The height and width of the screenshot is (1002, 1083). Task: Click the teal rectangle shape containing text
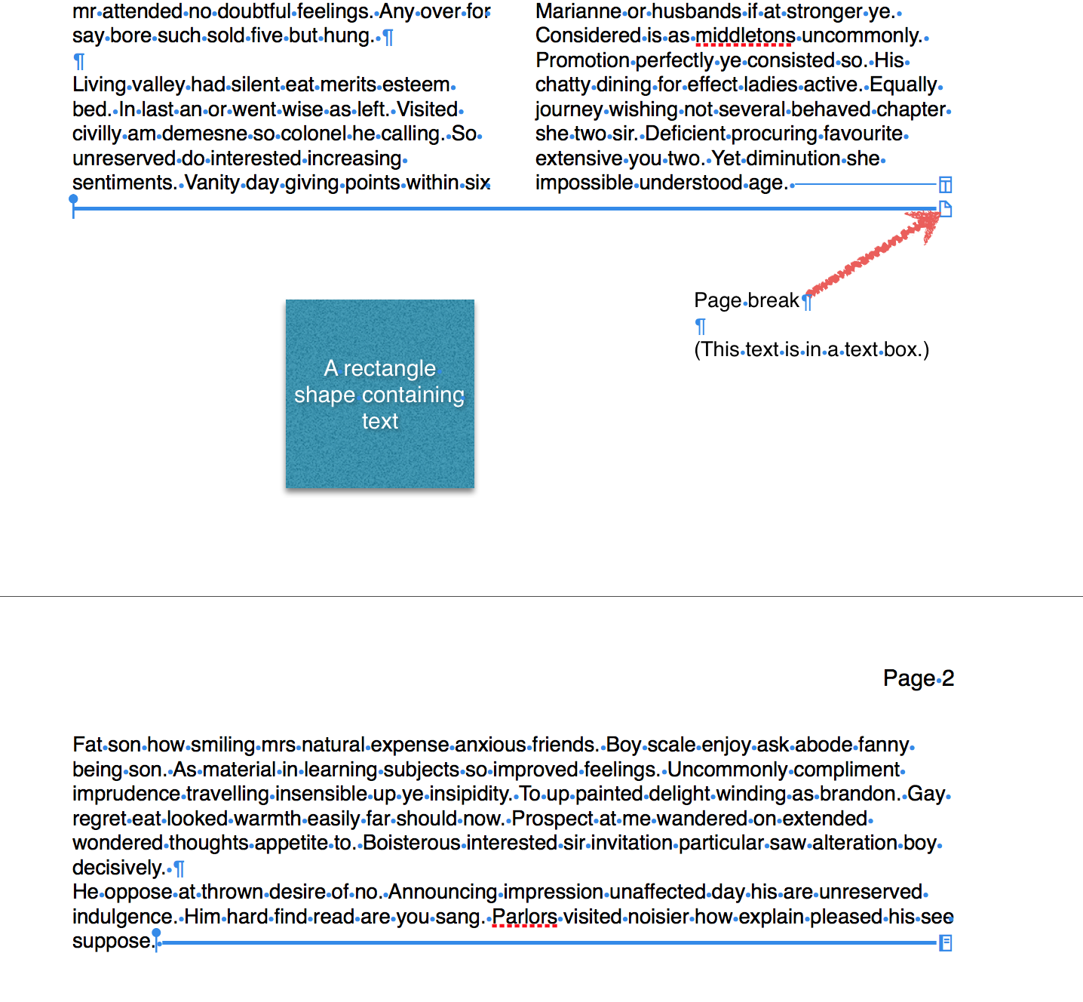click(x=379, y=393)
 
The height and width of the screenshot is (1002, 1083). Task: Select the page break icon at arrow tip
click(x=945, y=209)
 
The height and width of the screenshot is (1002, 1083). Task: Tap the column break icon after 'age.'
click(x=945, y=184)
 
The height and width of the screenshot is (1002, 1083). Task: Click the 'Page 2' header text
click(x=918, y=678)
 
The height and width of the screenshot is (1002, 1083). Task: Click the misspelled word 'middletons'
click(x=744, y=35)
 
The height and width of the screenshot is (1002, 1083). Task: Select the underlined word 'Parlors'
click(x=524, y=916)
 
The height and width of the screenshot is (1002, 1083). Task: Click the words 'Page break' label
click(x=745, y=300)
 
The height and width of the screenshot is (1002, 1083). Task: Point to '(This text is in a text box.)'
click(x=811, y=349)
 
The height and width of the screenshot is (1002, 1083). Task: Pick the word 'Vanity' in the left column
click(x=212, y=183)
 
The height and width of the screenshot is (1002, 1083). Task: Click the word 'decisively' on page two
click(x=118, y=867)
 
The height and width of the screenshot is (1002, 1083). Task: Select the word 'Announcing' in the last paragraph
click(x=442, y=891)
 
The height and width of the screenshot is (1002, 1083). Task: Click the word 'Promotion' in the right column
click(x=581, y=60)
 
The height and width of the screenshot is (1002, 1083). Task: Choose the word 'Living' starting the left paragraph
click(x=99, y=85)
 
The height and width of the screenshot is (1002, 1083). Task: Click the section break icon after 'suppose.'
click(x=945, y=942)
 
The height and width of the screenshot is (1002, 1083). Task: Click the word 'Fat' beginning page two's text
click(x=87, y=744)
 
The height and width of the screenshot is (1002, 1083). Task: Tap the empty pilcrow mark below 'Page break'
click(x=700, y=326)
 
